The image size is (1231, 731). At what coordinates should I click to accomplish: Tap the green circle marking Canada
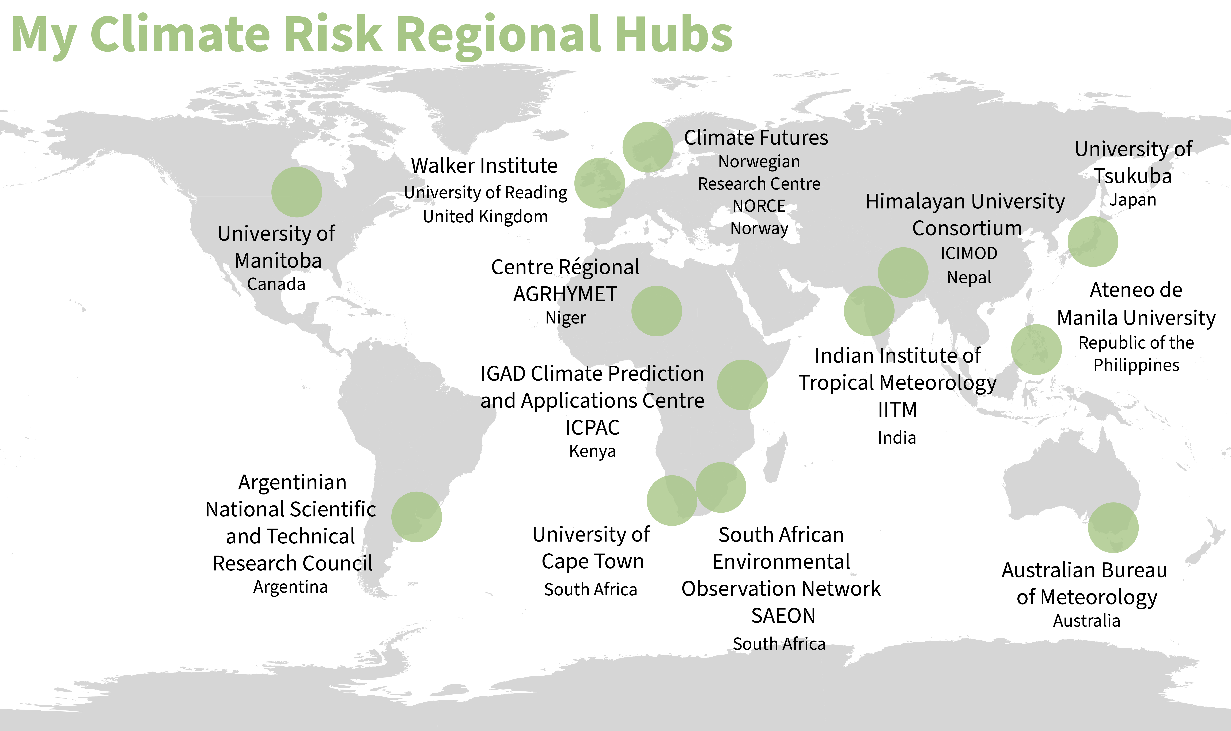pyautogui.click(x=297, y=192)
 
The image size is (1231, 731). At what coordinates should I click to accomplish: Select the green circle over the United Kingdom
pyautogui.click(x=600, y=183)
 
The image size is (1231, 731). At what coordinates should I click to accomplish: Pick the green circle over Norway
pyautogui.click(x=648, y=147)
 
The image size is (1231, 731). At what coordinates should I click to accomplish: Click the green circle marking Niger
pyautogui.click(x=657, y=311)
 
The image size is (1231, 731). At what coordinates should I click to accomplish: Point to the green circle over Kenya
pyautogui.click(x=742, y=385)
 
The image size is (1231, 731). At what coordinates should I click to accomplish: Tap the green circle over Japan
pyautogui.click(x=1093, y=242)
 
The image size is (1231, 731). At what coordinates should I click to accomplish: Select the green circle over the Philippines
pyautogui.click(x=1036, y=350)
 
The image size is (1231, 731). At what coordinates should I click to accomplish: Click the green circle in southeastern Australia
pyautogui.click(x=1113, y=528)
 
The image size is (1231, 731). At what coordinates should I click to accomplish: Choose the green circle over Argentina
pyautogui.click(x=417, y=517)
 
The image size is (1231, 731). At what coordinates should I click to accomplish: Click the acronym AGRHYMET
pyautogui.click(x=565, y=294)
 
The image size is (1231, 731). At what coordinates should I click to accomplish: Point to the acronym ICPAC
pyautogui.click(x=593, y=428)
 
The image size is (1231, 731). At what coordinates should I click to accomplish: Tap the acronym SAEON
pyautogui.click(x=783, y=616)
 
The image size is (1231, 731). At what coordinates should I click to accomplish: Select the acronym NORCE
pyautogui.click(x=759, y=206)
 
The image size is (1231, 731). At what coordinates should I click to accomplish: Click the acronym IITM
pyautogui.click(x=897, y=410)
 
